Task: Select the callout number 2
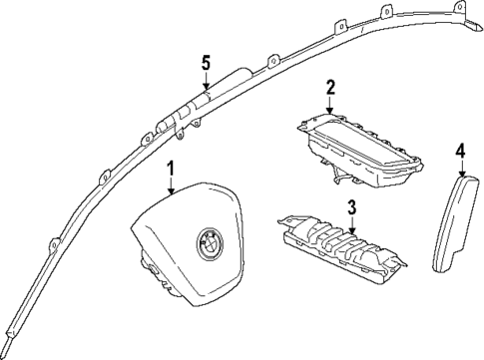click(329, 90)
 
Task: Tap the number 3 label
click(352, 207)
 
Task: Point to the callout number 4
click(461, 151)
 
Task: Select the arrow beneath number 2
click(329, 108)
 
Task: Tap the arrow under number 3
click(352, 224)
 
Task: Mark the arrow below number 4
click(461, 168)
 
